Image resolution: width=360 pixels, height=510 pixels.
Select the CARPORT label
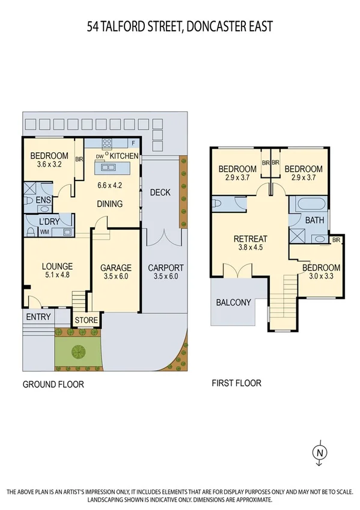[x=166, y=268]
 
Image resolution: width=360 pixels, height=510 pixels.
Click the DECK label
[x=160, y=192]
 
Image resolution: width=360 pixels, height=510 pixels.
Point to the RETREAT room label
[x=250, y=239]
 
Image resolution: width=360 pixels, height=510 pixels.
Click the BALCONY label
[x=233, y=302]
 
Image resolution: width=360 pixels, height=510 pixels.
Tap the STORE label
[x=86, y=320]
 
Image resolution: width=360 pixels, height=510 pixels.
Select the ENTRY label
[x=37, y=316]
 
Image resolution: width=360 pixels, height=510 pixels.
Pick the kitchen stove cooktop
[x=108, y=144]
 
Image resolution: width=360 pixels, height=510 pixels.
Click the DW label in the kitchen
[x=99, y=156]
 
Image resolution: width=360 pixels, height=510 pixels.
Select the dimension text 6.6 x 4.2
[x=110, y=185]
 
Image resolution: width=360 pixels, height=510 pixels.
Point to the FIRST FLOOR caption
[x=237, y=382]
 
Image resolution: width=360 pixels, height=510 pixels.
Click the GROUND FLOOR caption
[x=53, y=384]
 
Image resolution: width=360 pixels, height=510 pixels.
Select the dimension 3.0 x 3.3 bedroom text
[x=321, y=278]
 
